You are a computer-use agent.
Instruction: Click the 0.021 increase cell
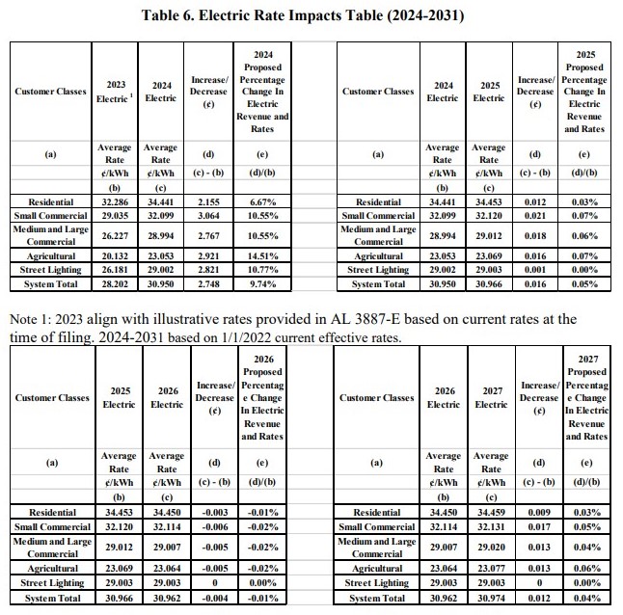point(537,216)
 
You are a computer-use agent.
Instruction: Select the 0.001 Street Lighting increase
point(537,273)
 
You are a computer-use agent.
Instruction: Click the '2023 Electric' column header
point(115,92)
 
